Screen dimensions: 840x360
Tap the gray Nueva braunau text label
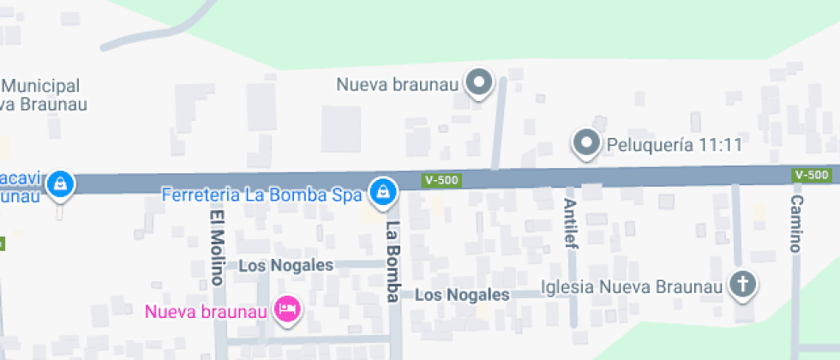[x=399, y=85]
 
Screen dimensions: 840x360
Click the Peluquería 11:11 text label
[x=674, y=145]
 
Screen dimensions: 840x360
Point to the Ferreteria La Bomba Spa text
[x=262, y=195]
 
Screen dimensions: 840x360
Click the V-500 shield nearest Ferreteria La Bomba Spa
[x=441, y=180]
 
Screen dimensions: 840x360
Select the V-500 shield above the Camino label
[x=812, y=175]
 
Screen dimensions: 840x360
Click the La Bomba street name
[x=393, y=261]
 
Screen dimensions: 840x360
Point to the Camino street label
[x=797, y=224]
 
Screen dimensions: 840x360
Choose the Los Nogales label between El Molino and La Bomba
[x=285, y=266]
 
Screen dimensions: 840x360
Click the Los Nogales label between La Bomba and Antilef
[x=462, y=295]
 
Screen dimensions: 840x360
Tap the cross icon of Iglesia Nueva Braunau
[x=742, y=284]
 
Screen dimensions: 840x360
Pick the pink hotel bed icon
[x=287, y=309]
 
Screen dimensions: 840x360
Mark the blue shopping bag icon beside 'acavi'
[x=60, y=183]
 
